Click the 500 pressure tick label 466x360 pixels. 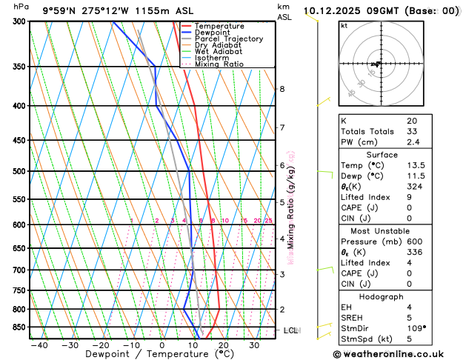click(16, 171)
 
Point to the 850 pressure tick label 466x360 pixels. click(16, 327)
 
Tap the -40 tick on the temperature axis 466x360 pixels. click(39, 345)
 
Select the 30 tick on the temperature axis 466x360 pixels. click(254, 345)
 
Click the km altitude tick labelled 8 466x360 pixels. click(282, 89)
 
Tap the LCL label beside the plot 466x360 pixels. click(290, 330)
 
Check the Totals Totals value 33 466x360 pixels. click(412, 131)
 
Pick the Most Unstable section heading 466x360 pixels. click(379, 230)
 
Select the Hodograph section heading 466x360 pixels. click(379, 296)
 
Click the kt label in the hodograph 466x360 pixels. click(344, 26)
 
